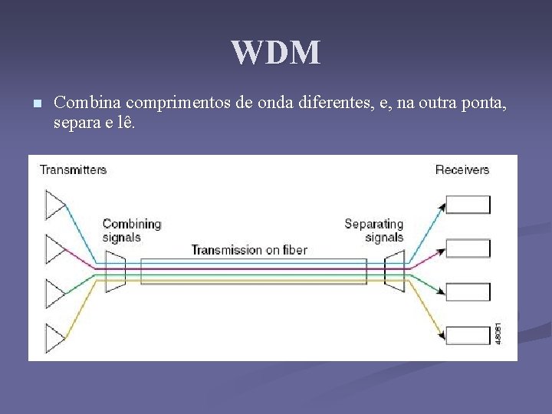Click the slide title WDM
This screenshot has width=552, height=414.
pyautogui.click(x=276, y=53)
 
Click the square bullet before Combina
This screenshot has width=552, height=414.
pyautogui.click(x=36, y=103)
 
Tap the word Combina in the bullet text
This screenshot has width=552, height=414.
pyautogui.click(x=88, y=102)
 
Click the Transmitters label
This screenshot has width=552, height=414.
pyautogui.click(x=73, y=169)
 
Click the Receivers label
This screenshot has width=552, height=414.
pyautogui.click(x=462, y=169)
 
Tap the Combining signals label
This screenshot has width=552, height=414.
pyautogui.click(x=132, y=231)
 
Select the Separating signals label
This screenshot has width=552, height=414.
pyautogui.click(x=374, y=231)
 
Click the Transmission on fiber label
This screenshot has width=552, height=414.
pyautogui.click(x=249, y=250)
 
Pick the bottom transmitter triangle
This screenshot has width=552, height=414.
pyautogui.click(x=56, y=338)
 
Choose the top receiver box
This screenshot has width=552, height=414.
pyautogui.click(x=468, y=204)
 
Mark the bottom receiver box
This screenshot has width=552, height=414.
pyautogui.click(x=468, y=336)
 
